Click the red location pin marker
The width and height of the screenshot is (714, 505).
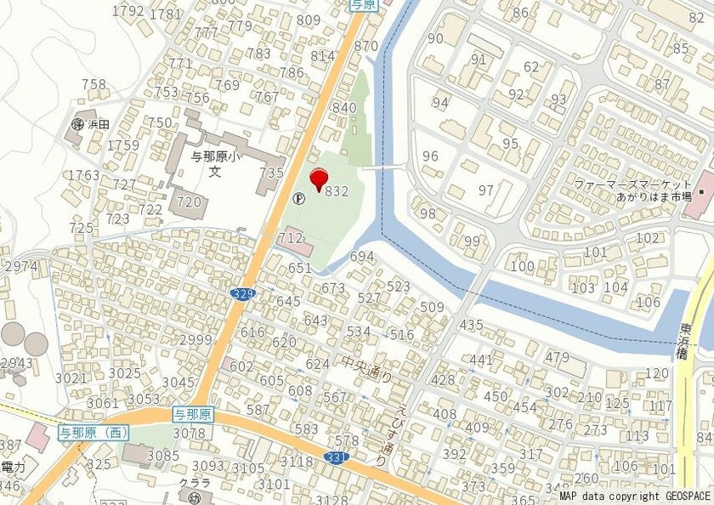point(320,179)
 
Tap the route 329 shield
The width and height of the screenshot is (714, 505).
point(242,293)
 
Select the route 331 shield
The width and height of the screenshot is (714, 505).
point(335,458)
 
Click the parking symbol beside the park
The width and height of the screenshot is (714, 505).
point(298,198)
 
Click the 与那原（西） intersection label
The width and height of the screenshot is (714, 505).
point(93,433)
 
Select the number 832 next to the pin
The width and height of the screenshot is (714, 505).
point(337,192)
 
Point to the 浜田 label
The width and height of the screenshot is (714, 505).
point(99,124)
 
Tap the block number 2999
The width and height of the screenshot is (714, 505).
point(195,340)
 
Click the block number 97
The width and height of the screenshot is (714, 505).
point(485,190)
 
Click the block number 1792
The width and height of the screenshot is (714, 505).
point(127,11)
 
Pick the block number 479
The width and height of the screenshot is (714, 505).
point(557,357)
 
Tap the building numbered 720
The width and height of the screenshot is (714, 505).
point(189,201)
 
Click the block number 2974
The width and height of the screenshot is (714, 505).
point(20,267)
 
